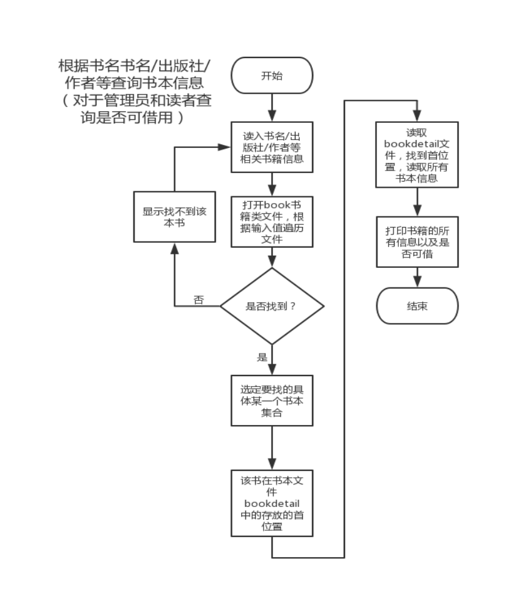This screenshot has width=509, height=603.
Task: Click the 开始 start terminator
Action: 272,76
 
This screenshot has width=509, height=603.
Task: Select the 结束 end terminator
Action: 417,305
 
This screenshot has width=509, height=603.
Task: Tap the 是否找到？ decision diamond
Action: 271,306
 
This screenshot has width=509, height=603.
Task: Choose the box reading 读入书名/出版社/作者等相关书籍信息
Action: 272,147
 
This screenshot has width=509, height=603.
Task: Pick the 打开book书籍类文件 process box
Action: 272,221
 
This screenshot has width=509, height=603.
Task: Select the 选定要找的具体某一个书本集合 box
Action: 272,401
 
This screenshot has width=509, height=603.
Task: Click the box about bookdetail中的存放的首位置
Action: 272,503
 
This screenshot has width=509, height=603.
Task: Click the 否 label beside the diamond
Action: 198,300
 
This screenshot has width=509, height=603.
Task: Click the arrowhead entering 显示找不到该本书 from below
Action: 174,248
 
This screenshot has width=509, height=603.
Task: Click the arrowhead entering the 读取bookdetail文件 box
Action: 417,116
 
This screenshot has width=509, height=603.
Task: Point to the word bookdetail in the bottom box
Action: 272,503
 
